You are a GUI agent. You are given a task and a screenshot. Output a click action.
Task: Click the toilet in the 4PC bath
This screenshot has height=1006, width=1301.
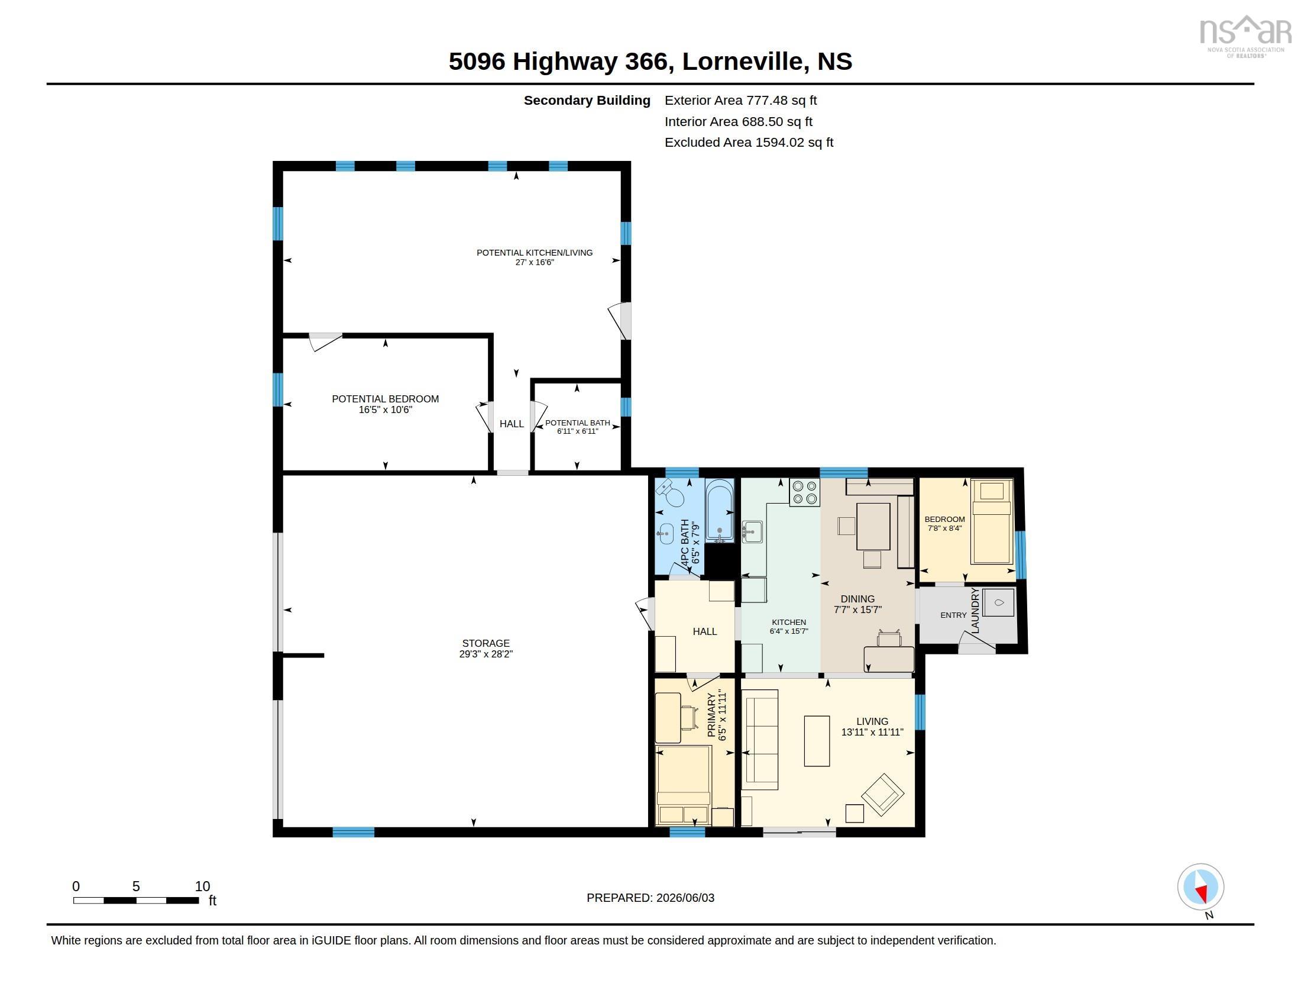coord(670,492)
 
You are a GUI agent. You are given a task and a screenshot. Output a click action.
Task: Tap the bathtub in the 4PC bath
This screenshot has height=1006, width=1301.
coord(720,510)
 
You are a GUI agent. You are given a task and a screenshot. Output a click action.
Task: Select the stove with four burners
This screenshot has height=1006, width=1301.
coord(804,492)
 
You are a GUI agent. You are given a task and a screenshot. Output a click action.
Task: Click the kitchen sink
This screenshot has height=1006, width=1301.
coord(752,531)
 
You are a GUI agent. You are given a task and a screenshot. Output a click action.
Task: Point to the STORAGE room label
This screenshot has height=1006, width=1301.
coord(486,643)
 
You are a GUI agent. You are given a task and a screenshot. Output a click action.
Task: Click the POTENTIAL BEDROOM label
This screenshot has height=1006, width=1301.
coord(386,399)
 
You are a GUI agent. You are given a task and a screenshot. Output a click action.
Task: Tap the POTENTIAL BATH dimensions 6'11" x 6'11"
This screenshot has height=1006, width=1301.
coord(577,431)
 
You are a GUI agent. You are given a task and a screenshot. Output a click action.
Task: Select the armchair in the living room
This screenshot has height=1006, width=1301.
coord(882,794)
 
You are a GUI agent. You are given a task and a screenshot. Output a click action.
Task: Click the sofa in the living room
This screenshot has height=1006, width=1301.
coord(760,740)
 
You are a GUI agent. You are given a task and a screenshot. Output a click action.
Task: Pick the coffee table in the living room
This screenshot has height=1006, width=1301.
coord(817,741)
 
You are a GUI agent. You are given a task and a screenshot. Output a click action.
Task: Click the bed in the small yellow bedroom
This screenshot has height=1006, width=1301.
coord(992,521)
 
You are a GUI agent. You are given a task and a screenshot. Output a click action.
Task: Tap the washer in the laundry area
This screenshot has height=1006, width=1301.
coord(998,602)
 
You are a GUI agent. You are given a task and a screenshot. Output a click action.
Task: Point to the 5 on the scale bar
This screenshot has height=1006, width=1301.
coord(136,886)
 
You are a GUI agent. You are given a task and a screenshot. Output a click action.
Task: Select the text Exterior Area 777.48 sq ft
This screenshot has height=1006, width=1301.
coord(740,100)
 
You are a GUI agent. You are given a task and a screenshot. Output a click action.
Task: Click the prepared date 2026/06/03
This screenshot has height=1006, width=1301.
coord(685,898)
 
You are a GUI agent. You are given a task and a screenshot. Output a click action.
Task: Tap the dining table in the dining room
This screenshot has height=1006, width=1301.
coord(873,526)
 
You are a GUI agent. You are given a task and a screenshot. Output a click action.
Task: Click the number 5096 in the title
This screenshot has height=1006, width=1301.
coord(477,61)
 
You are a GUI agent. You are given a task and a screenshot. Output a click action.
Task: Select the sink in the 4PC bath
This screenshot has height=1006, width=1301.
coord(665,533)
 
